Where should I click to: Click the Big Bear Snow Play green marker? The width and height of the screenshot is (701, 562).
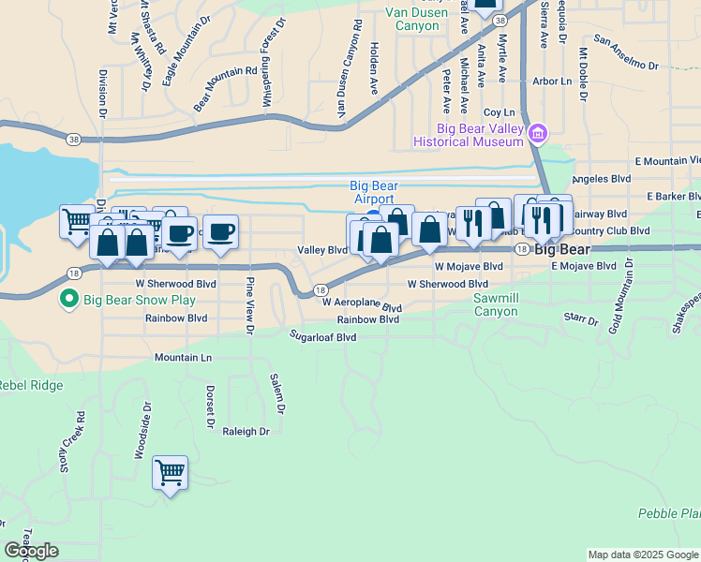(x=67, y=301)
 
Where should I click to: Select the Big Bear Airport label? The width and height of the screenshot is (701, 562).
(x=373, y=192)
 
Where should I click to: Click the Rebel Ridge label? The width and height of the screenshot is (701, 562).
(x=30, y=385)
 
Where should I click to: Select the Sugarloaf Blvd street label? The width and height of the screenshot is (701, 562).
(x=323, y=335)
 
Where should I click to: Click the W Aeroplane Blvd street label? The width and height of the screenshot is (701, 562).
(x=362, y=303)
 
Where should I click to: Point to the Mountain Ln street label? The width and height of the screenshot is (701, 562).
(x=183, y=358)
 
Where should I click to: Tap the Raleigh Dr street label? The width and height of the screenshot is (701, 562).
(x=246, y=432)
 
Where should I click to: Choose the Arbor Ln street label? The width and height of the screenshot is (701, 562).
(x=552, y=81)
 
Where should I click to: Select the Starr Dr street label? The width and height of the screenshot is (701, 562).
(x=582, y=318)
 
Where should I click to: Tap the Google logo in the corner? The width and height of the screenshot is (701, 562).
(x=31, y=551)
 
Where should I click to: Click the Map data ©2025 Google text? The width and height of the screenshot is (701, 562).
(x=644, y=555)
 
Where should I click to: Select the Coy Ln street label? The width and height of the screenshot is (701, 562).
(x=500, y=112)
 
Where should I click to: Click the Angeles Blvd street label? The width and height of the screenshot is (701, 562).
(x=602, y=178)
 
